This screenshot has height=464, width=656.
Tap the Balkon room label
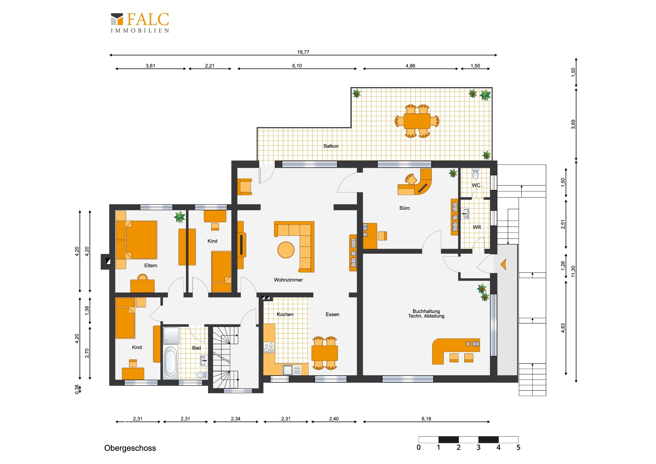tap(331, 146)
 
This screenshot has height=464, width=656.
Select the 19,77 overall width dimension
tap(303, 52)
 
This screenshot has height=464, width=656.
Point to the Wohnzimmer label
tap(288, 280)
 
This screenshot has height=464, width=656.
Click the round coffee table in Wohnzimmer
tap(286, 250)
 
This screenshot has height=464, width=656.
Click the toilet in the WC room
tap(475, 174)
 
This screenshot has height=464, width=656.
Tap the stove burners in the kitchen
tap(269, 347)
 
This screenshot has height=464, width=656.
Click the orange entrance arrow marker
tap(503, 264)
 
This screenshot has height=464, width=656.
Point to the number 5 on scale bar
tap(518, 447)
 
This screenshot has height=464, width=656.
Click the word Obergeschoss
tap(130, 448)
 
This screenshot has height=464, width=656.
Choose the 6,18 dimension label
tap(426, 419)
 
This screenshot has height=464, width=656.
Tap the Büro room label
tap(404, 208)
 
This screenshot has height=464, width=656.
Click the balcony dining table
tap(417, 121)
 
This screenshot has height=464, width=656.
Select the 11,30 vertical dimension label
tap(573, 271)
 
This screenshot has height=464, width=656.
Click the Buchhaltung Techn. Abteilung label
tap(426, 314)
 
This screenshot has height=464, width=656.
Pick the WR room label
tap(477, 227)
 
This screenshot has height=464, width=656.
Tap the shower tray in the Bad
tap(171, 335)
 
